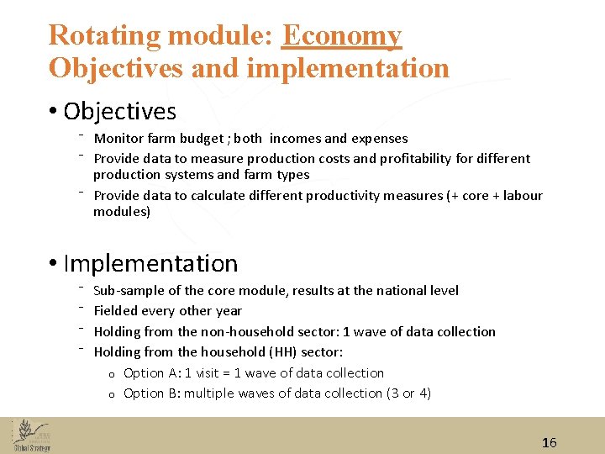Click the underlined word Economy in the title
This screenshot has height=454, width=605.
click(x=342, y=36)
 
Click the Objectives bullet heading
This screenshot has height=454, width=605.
click(x=119, y=111)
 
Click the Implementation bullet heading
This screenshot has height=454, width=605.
click(x=150, y=263)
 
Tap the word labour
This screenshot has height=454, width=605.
click(x=523, y=195)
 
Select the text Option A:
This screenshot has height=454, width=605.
click(x=153, y=373)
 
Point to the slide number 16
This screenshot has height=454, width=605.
click(x=550, y=442)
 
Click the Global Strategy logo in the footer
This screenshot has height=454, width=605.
click(x=31, y=436)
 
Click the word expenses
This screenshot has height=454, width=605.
click(x=379, y=139)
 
